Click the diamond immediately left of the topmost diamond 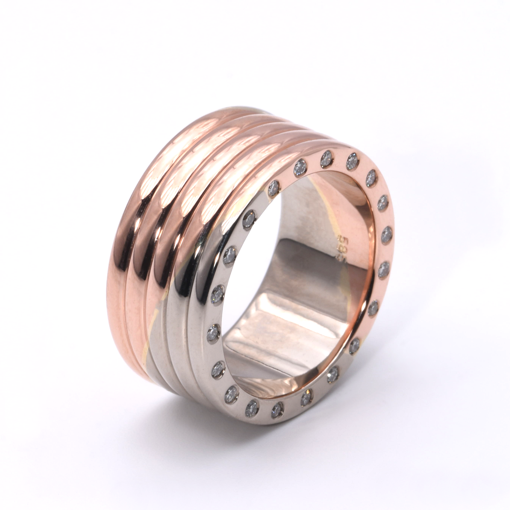point(300,166)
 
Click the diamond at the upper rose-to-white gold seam point(274,189)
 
